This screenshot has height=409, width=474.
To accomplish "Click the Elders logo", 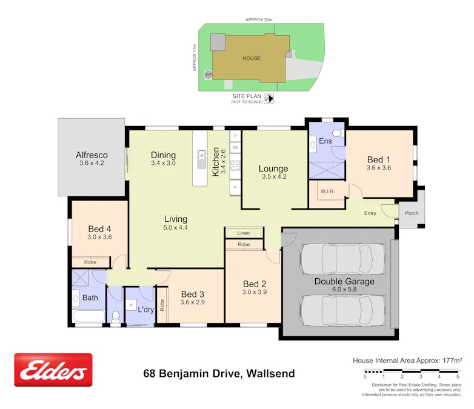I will [x=53, y=370].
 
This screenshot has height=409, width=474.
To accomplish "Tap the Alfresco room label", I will [x=92, y=155].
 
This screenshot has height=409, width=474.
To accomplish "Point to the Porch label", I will [x=412, y=213].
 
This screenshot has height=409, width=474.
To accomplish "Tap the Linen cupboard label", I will [x=244, y=233].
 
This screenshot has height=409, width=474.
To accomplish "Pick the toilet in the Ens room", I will [x=339, y=132].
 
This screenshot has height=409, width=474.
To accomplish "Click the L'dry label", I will [x=146, y=309].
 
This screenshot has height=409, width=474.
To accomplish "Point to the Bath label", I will [x=90, y=298].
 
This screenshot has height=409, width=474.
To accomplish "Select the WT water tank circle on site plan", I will [x=209, y=75].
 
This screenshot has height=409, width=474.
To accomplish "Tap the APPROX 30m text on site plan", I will [x=259, y=20].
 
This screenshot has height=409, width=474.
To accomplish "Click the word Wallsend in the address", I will [x=269, y=374].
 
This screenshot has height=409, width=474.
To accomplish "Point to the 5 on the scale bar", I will [x=458, y=377].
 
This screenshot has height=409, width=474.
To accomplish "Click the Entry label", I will [x=370, y=213].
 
